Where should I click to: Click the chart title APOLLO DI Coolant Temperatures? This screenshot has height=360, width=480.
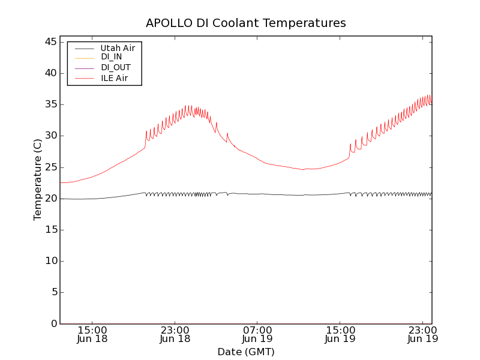tap(246, 23)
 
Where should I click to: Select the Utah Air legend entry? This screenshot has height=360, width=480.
tap(118, 47)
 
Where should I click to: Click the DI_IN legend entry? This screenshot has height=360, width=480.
tap(112, 58)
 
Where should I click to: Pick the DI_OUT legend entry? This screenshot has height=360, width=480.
tap(116, 68)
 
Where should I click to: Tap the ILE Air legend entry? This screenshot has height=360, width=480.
tap(114, 78)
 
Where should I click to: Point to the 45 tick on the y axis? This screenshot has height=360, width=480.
tap(51, 42)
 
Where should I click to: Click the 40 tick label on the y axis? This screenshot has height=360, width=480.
tap(51, 73)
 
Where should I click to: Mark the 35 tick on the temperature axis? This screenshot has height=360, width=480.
tap(51, 104)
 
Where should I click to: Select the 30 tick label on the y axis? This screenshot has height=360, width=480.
tap(51, 136)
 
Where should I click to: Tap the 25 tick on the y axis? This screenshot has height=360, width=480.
tap(51, 167)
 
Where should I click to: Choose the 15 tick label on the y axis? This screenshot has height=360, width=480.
tap(51, 230)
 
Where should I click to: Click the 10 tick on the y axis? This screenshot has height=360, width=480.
tap(51, 261)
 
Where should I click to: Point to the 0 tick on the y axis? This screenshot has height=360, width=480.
tap(54, 324)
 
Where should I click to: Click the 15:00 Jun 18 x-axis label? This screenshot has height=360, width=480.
tap(92, 334)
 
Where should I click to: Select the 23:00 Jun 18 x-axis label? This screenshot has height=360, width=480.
tap(175, 334)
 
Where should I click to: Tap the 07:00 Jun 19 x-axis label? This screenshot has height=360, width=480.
tap(257, 334)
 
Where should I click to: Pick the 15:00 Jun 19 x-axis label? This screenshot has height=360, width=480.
tap(340, 334)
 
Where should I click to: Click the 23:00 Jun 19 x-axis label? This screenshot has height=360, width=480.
tap(422, 334)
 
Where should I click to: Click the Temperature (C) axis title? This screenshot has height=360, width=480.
tap(38, 180)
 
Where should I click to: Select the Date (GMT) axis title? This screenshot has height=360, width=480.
tap(246, 352)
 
